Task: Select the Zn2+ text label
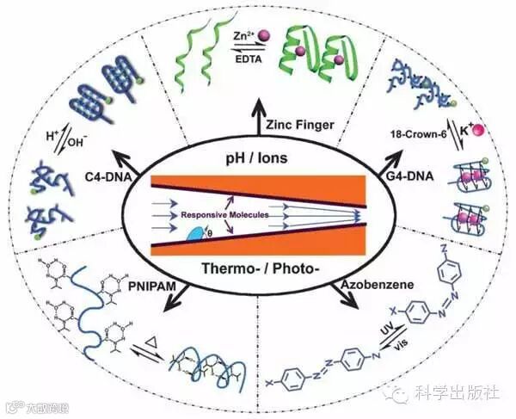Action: (x=243, y=35)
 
